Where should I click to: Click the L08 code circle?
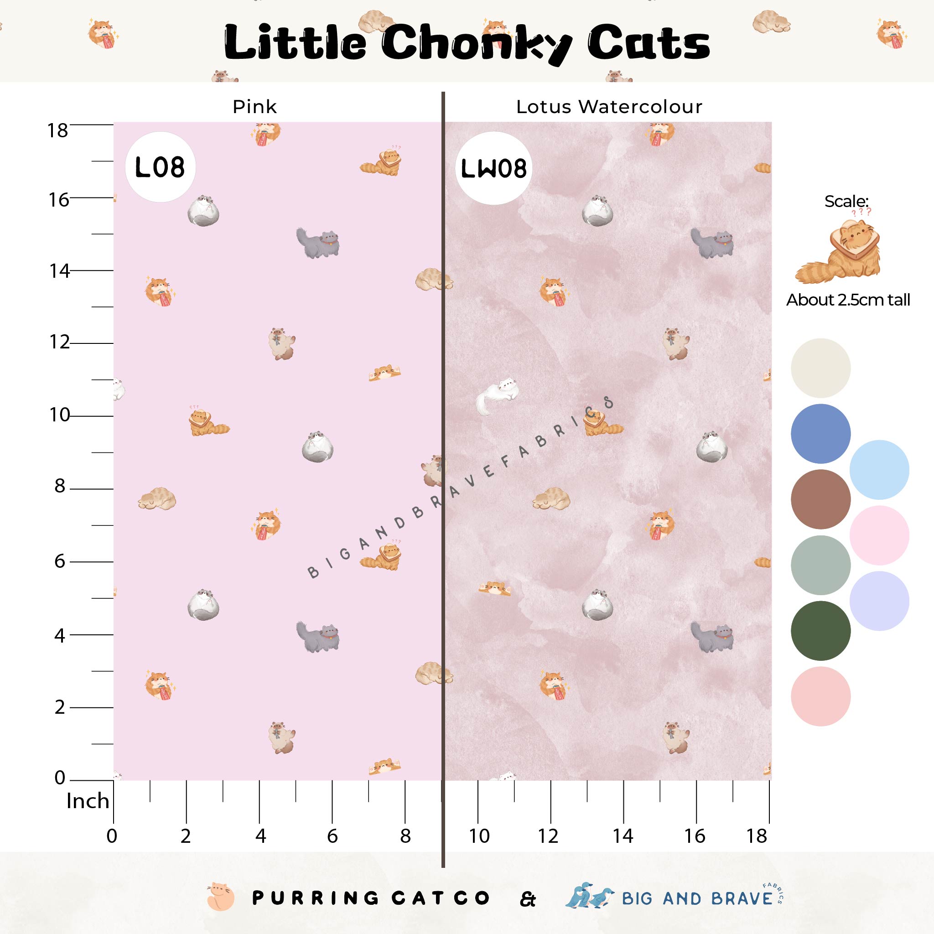click(x=160, y=167)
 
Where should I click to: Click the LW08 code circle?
click(x=493, y=168)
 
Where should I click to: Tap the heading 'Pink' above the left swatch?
click(x=254, y=107)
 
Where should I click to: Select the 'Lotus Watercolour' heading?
click(x=609, y=107)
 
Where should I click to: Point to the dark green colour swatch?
click(x=820, y=630)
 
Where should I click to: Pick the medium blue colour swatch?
click(x=820, y=433)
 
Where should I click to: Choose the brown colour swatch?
click(x=820, y=499)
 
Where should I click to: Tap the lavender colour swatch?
click(x=879, y=601)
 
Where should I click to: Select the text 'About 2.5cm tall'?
click(x=848, y=300)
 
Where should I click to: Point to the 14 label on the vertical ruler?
click(x=59, y=271)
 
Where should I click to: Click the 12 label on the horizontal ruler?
click(x=548, y=836)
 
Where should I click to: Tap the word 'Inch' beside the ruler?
click(x=88, y=801)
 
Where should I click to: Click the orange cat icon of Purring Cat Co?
click(x=220, y=898)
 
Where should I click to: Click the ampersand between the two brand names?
click(x=528, y=899)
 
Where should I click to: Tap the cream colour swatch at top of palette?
click(x=820, y=368)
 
